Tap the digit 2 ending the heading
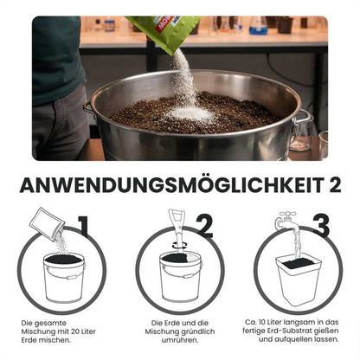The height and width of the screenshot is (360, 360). (x=333, y=185)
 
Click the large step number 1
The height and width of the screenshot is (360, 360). (x=81, y=228)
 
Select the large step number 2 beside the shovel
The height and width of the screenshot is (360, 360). (x=204, y=227)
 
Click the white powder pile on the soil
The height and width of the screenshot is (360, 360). (x=191, y=113)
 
